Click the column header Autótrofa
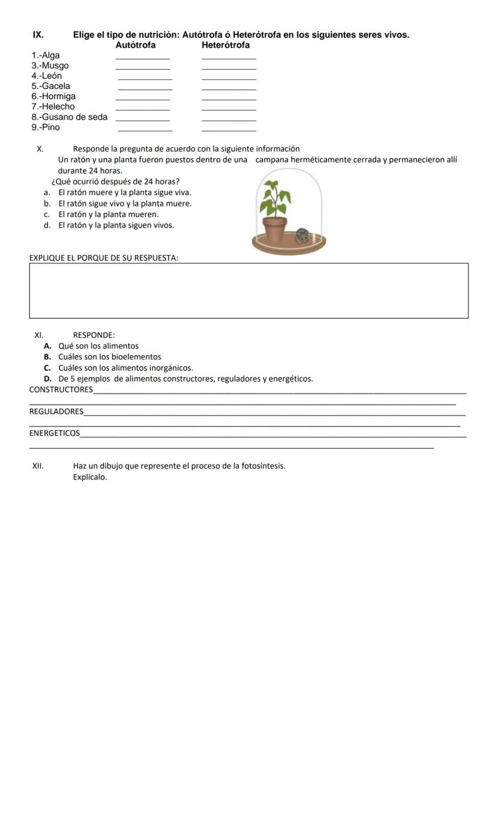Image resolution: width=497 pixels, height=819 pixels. (135, 45)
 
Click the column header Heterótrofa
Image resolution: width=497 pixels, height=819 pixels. (226, 45)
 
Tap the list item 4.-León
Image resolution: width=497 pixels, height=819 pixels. (46, 76)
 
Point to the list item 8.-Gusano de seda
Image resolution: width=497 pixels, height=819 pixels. (70, 117)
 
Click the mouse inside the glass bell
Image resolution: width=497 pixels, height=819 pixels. (302, 235)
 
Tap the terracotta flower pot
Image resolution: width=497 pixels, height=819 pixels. (276, 229)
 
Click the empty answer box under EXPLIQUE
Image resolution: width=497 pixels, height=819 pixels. (248, 291)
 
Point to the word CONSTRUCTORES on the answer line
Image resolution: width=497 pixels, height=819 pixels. (61, 390)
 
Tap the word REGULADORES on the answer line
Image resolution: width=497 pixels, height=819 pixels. (56, 412)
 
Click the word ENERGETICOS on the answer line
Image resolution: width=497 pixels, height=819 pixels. (54, 433)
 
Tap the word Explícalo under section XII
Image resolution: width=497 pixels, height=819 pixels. (89, 477)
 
